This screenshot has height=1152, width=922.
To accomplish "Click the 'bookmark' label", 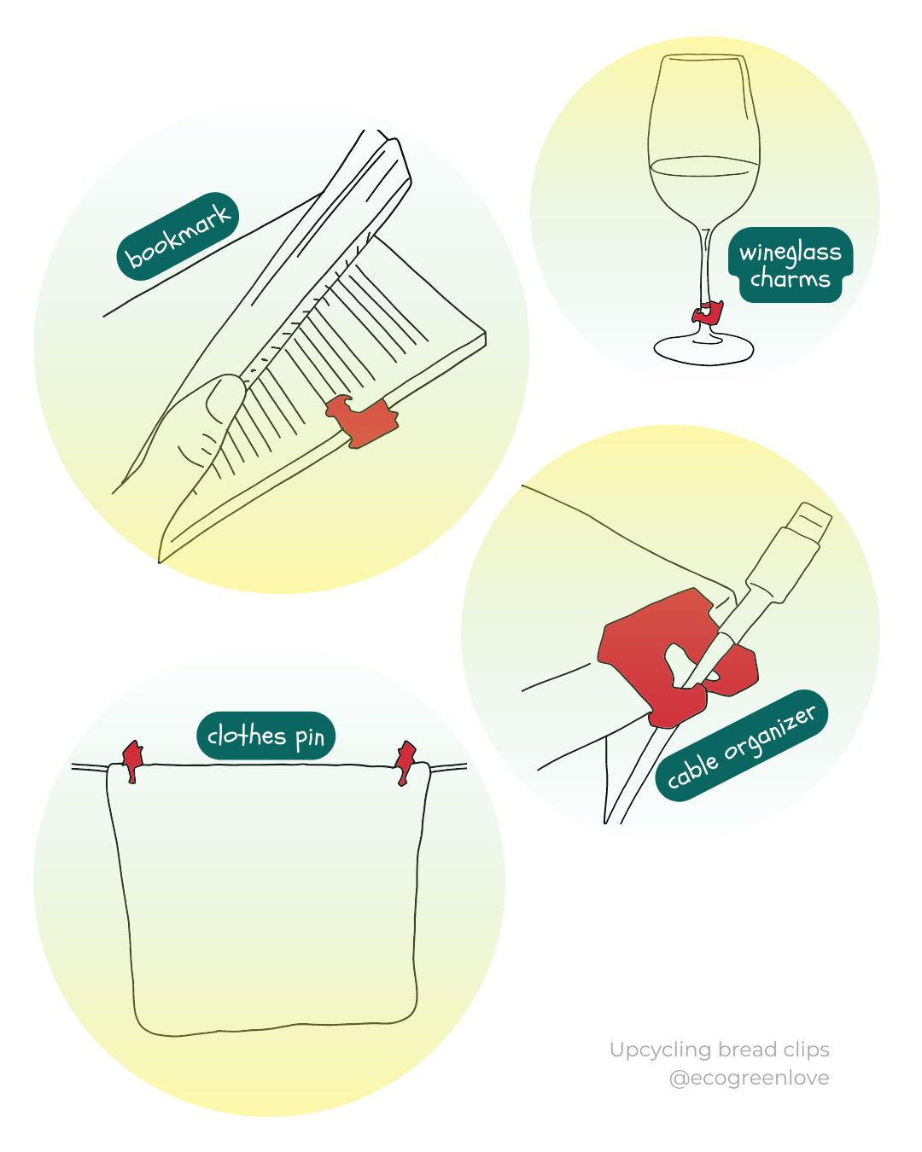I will (178, 235).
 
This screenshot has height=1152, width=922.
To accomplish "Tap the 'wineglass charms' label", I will (790, 265).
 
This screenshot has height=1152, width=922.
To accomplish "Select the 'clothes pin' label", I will (266, 736).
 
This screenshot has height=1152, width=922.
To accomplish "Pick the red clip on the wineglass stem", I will (706, 312).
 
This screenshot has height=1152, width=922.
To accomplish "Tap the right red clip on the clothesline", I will (406, 761).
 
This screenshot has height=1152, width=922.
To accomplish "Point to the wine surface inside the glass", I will (704, 164).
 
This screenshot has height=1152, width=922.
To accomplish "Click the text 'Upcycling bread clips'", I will (719, 1050).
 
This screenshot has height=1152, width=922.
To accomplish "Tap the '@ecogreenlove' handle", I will (749, 1078).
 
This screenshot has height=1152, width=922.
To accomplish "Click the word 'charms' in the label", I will (790, 278).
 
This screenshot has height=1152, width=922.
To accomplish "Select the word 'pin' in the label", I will (310, 737).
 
